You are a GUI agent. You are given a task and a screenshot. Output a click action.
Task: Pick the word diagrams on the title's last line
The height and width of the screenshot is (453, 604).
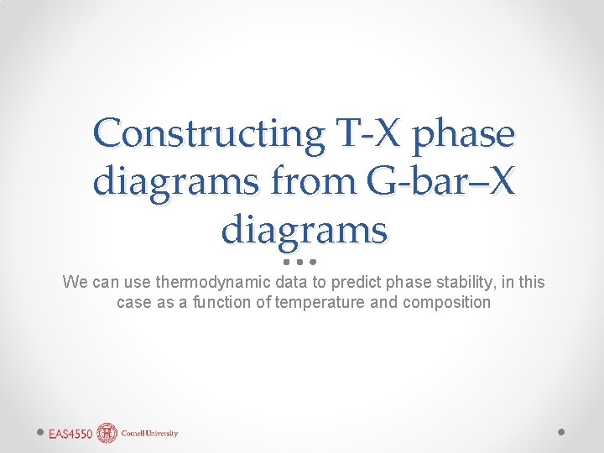point(304,228)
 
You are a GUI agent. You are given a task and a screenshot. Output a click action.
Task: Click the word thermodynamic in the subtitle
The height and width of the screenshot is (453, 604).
point(222,283)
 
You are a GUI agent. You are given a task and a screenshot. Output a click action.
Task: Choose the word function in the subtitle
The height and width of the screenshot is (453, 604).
point(217,302)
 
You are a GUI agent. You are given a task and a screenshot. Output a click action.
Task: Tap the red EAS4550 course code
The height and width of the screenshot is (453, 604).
point(70,434)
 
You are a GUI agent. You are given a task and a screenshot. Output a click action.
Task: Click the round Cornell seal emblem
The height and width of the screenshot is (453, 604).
point(107,433)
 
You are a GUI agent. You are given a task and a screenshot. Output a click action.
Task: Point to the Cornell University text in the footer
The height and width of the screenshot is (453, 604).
point(149,434)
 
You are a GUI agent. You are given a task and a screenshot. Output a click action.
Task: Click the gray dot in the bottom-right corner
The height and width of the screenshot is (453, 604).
point(562,432)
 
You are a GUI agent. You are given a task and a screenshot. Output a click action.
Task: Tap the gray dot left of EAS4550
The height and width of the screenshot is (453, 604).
point(40,432)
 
